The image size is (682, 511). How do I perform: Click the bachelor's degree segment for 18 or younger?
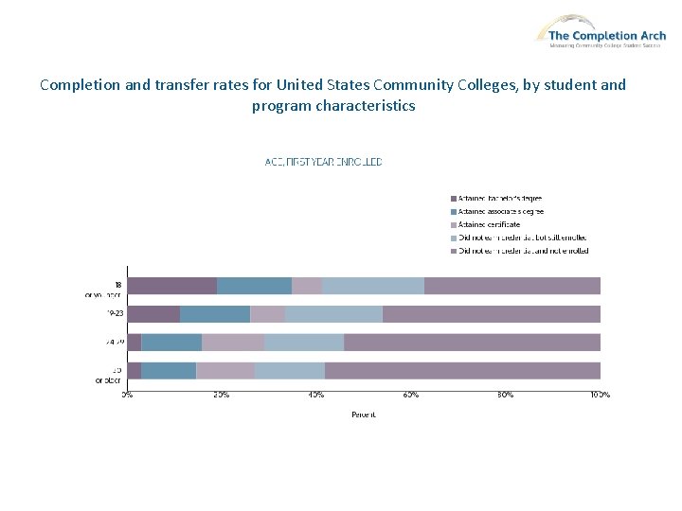(x=171, y=286)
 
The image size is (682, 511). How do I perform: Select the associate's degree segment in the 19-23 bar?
(x=215, y=314)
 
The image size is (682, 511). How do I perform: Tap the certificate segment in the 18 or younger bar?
(x=307, y=286)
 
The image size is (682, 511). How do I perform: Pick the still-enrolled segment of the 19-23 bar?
(x=333, y=314)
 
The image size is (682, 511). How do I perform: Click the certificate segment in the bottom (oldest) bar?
(x=225, y=371)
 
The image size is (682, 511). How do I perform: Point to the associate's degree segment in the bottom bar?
(x=169, y=371)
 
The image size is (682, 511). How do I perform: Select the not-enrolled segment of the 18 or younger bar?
(x=511, y=286)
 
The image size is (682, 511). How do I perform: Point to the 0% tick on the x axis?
(x=127, y=394)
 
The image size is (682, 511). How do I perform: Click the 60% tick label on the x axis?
(x=411, y=394)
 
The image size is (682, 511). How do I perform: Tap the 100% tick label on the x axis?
(x=600, y=394)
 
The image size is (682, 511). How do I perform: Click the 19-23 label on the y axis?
(x=115, y=313)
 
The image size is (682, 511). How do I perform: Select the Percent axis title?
(x=364, y=414)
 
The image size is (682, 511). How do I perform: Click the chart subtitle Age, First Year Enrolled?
(x=323, y=162)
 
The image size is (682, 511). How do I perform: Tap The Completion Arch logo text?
(x=607, y=36)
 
